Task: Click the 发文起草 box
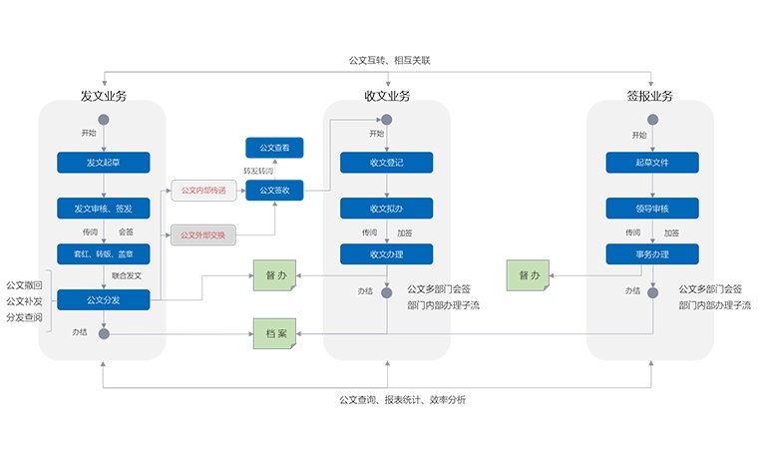[x=104, y=163]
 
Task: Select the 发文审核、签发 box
[x=104, y=209]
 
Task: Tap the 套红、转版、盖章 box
[x=104, y=253]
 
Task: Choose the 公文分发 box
[x=104, y=299]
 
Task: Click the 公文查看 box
[x=274, y=148]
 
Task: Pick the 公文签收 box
[x=274, y=190]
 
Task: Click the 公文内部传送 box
[x=203, y=190]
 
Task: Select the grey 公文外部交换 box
[x=203, y=235]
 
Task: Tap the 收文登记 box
[x=386, y=163]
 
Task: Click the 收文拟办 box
[x=386, y=209]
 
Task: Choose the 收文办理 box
[x=386, y=253]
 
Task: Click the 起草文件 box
[x=652, y=163]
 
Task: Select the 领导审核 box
[x=652, y=209]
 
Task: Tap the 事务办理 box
[x=652, y=253]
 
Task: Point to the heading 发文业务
[x=104, y=97]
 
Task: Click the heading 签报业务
[x=650, y=97]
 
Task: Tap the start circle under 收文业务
[x=387, y=120]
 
